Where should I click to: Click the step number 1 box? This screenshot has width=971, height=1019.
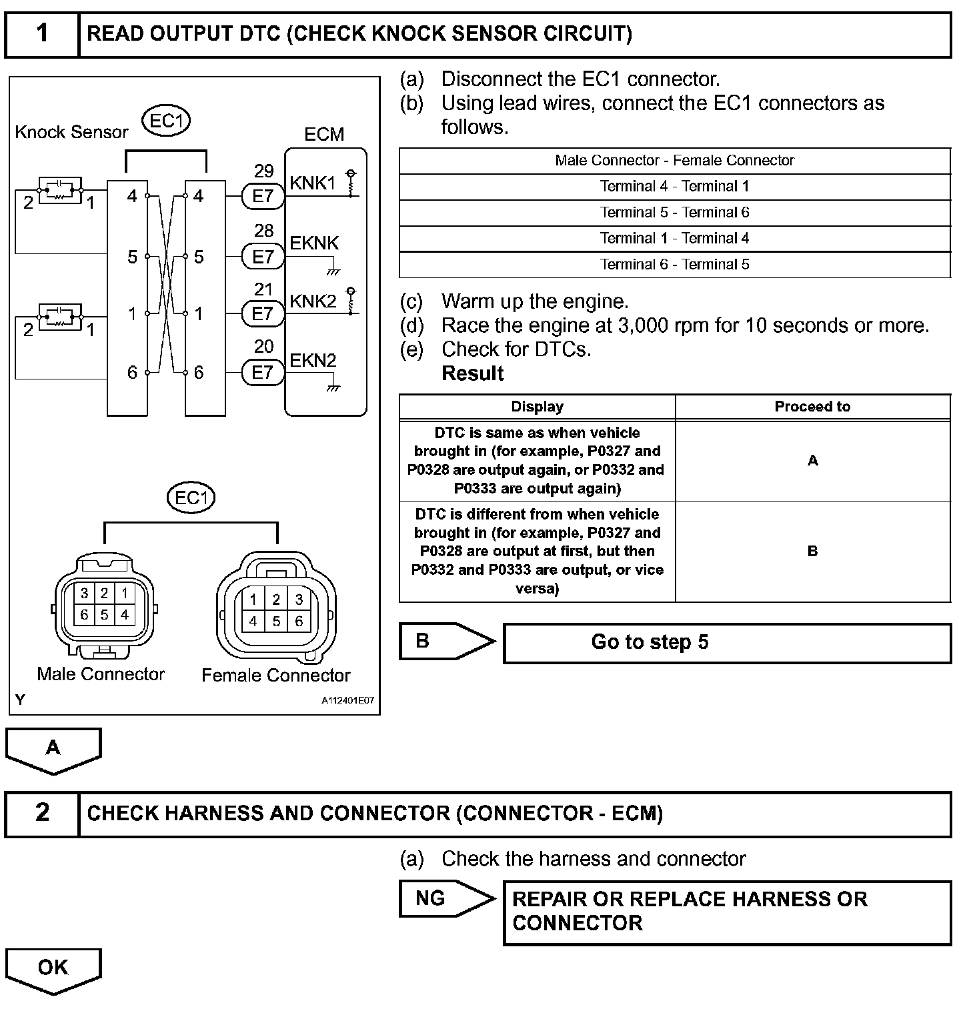click(x=42, y=34)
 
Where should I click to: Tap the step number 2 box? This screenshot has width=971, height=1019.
click(x=42, y=813)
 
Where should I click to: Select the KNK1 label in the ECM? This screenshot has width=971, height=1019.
click(x=312, y=183)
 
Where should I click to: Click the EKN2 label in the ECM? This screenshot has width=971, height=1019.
click(x=313, y=361)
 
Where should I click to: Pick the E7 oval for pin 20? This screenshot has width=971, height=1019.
click(x=263, y=372)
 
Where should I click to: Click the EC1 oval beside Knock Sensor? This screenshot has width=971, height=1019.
click(x=166, y=121)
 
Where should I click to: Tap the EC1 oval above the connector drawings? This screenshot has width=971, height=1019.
click(x=191, y=498)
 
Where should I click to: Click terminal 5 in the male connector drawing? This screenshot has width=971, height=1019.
click(x=104, y=614)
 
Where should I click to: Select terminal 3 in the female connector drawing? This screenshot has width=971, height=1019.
click(x=299, y=600)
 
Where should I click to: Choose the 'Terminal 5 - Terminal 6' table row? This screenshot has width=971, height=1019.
click(x=674, y=213)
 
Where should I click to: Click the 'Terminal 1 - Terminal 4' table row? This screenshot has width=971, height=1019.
click(x=674, y=239)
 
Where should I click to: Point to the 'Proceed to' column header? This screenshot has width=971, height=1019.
click(x=812, y=407)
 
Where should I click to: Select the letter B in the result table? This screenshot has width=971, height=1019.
click(x=812, y=552)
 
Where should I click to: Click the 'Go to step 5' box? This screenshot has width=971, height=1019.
click(x=726, y=643)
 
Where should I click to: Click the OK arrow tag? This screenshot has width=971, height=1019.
click(x=53, y=969)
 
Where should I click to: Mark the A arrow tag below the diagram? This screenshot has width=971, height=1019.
click(x=53, y=749)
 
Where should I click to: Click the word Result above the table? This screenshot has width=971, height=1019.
click(x=472, y=373)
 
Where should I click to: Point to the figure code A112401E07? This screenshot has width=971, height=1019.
click(x=347, y=702)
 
